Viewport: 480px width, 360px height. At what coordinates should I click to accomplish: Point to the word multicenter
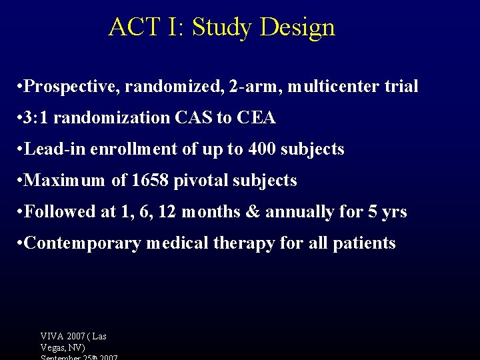pyautogui.click(x=332, y=87)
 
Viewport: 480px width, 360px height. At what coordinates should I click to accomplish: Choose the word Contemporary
pyautogui.click(x=82, y=243)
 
